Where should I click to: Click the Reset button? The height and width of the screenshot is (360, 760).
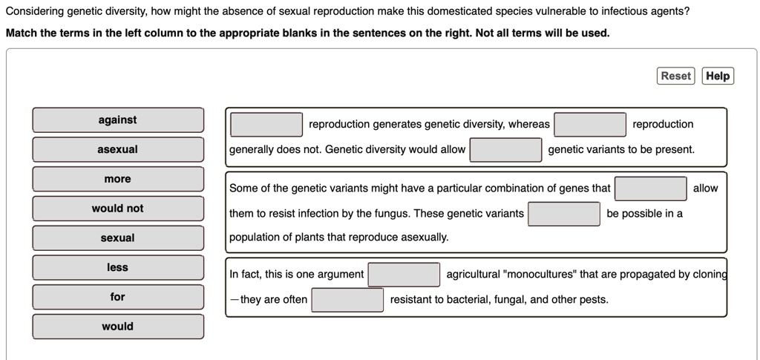pyautogui.click(x=675, y=76)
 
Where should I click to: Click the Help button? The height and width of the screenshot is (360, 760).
pyautogui.click(x=718, y=76)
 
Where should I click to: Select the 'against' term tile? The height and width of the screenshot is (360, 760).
pyautogui.click(x=118, y=120)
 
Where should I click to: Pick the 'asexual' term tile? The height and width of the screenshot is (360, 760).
pyautogui.click(x=118, y=149)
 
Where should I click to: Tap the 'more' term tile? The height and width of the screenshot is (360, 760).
pyautogui.click(x=118, y=179)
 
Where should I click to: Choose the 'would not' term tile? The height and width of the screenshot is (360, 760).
pyautogui.click(x=118, y=209)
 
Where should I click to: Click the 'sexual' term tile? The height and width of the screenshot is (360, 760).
pyautogui.click(x=118, y=238)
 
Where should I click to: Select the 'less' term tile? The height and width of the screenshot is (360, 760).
pyautogui.click(x=118, y=267)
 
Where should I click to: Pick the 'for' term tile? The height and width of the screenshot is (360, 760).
pyautogui.click(x=118, y=297)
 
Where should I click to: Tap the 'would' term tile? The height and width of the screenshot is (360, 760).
pyautogui.click(x=118, y=326)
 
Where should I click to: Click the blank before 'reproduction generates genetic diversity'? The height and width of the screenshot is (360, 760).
pyautogui.click(x=266, y=124)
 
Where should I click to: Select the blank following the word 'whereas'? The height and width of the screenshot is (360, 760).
pyautogui.click(x=591, y=124)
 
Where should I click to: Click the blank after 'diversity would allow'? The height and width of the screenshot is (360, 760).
pyautogui.click(x=506, y=149)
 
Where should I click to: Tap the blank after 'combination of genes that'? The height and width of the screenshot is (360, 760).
pyautogui.click(x=651, y=189)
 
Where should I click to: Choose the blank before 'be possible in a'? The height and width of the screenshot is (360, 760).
pyautogui.click(x=564, y=214)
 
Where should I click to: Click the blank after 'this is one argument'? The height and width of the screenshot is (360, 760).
pyautogui.click(x=404, y=275)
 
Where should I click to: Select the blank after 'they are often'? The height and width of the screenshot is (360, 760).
pyautogui.click(x=348, y=300)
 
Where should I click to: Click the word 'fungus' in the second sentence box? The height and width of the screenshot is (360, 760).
pyautogui.click(x=388, y=214)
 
